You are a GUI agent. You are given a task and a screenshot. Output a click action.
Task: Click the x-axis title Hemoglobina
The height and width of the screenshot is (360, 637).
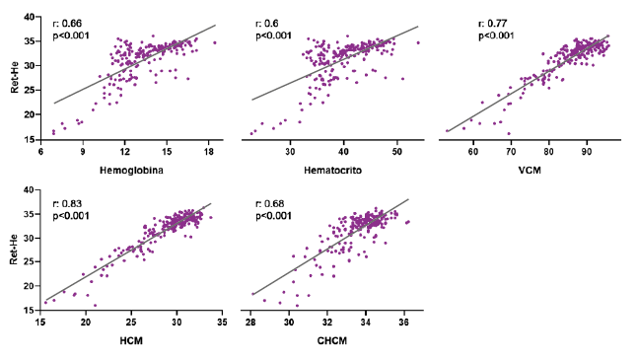pos(124,169)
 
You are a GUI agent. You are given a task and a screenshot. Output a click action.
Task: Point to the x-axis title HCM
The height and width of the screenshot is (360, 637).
pos(128,340)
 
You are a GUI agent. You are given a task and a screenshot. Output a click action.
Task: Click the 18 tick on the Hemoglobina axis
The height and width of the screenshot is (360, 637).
pos(209,152)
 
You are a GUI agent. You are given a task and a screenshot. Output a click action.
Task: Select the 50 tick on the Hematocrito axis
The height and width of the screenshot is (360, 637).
pos(396,152)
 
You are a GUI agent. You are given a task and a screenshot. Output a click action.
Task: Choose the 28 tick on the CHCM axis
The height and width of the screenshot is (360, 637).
pos(251,324)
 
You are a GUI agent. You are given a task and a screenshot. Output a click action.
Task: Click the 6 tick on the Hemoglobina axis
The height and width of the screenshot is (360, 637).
pos(40,152)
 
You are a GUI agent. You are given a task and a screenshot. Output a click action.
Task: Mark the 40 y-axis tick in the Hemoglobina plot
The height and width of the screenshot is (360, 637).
pos(31,18)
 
